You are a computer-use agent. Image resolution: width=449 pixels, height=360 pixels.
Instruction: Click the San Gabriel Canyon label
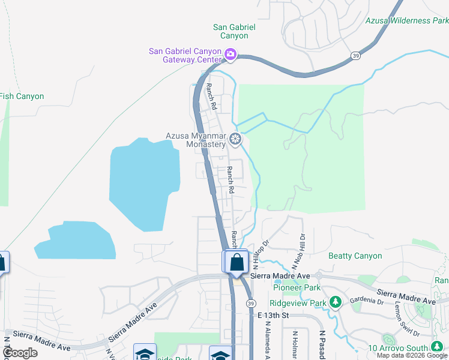click(234, 31)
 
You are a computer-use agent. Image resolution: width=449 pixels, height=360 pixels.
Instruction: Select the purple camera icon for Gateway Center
click(230, 55)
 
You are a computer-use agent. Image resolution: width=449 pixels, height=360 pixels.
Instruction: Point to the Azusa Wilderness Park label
click(407, 20)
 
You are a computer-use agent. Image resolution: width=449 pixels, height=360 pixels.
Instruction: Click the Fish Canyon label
click(22, 96)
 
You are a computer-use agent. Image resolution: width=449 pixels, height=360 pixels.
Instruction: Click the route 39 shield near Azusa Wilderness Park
click(355, 55)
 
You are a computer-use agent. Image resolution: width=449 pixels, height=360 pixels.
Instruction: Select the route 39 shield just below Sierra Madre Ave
click(250, 303)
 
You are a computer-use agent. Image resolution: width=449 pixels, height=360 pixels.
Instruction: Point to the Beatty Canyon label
click(355, 256)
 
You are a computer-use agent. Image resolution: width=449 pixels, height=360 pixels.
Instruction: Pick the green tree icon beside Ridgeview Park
click(336, 302)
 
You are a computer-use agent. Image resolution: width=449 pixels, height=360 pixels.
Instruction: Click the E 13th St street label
click(274, 316)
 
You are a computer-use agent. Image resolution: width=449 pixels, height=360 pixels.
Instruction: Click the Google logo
click(20, 353)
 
